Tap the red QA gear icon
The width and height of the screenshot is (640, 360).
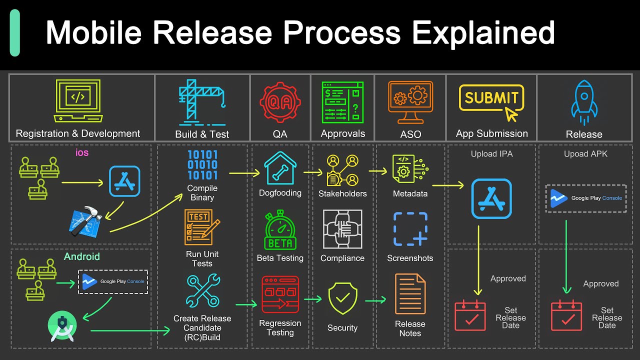[x=279, y=103]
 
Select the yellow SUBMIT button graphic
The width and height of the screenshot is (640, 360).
[x=491, y=98]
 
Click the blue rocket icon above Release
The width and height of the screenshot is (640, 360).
[x=584, y=102]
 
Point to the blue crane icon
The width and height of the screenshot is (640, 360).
[x=202, y=102]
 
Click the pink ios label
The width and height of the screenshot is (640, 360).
[x=82, y=152]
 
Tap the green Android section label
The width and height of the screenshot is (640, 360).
[x=82, y=256]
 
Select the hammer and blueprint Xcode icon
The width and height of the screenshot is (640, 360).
[x=85, y=220]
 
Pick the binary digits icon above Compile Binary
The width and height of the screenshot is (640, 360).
[x=202, y=165]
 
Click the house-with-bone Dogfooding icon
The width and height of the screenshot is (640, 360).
[x=280, y=168]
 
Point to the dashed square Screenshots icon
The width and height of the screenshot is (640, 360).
[x=410, y=229]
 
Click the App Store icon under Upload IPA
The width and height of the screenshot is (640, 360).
[x=491, y=198]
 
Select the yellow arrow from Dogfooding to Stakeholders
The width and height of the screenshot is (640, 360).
[x=312, y=172]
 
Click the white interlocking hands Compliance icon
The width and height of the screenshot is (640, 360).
[x=342, y=229]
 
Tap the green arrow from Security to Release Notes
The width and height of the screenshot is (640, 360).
[x=375, y=300]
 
